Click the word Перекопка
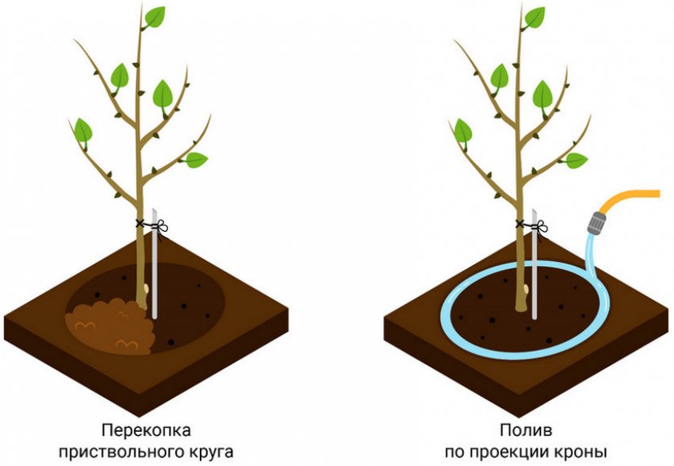pyautogui.click(x=146, y=429)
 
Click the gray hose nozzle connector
pyautogui.click(x=596, y=222)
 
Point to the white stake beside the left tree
pyautogui.click(x=155, y=264)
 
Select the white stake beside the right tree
pyautogui.click(x=534, y=264)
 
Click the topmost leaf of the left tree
pyautogui.click(x=155, y=17)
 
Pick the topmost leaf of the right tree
pyautogui.click(x=534, y=17)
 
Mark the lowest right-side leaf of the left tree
pyautogui.click(x=196, y=160)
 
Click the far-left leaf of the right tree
pyautogui.click(x=462, y=130)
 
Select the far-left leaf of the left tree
pyautogui.click(x=83, y=130)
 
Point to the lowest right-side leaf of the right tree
pyautogui.click(x=576, y=160)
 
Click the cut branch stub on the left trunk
pyautogui.click(x=146, y=288)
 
